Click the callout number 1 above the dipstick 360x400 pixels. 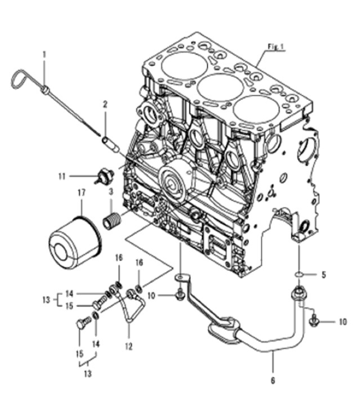[x=44, y=54]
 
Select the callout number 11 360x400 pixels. [x=62, y=176]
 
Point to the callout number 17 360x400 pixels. [x=81, y=194]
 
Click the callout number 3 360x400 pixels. [x=110, y=192]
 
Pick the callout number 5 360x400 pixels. [x=323, y=275]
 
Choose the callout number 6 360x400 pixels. [x=273, y=381]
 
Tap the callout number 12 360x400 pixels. [x=129, y=346]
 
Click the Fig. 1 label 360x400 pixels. [x=276, y=47]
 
